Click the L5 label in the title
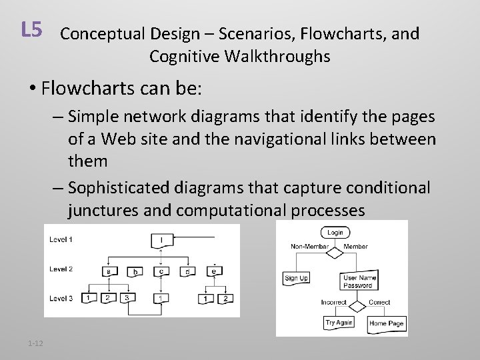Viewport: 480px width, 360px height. [x=31, y=29]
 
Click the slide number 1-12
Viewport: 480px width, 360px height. [x=35, y=343]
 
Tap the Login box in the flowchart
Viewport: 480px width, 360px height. [x=335, y=233]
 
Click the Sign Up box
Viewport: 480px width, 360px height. [x=297, y=278]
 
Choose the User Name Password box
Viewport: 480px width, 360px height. [x=359, y=281]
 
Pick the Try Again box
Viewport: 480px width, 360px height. [x=339, y=323]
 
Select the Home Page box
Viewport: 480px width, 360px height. [x=386, y=324]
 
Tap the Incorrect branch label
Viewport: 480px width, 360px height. [x=333, y=302]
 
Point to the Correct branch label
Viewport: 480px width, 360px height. [x=379, y=302]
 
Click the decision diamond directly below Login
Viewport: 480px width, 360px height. [x=335, y=247]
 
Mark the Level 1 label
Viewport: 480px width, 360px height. [x=61, y=239]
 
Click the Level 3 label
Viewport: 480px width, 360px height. [x=61, y=298]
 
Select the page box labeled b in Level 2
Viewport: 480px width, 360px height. [x=136, y=271]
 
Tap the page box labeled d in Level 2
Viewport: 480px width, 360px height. [x=189, y=271]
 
